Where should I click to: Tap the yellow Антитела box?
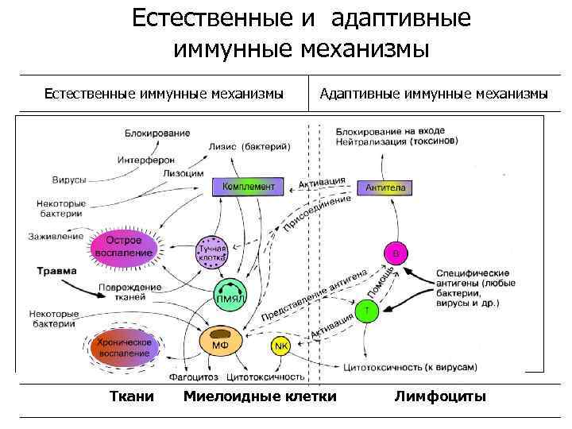point(386,188)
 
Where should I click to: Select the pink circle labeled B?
point(396,252)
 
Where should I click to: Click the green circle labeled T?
point(366,311)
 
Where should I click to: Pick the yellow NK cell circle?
point(280,346)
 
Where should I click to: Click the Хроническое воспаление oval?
point(123,347)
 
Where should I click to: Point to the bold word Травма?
point(56,271)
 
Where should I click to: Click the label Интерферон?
point(145,159)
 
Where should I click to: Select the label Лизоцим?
point(184,173)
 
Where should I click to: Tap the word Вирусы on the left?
point(70,180)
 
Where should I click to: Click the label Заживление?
point(56,236)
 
